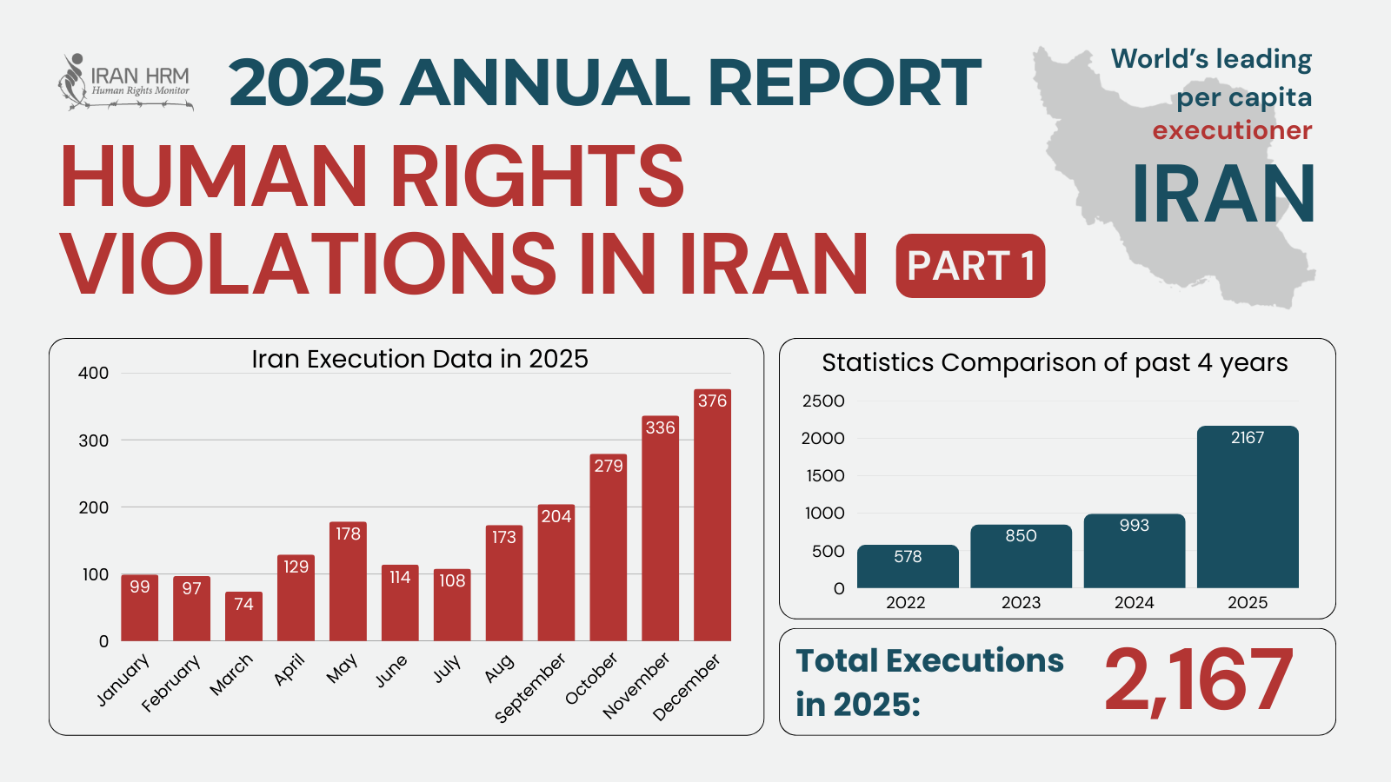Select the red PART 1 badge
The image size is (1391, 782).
tap(970, 266)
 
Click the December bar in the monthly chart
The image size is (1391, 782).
tap(712, 521)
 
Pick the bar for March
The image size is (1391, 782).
tap(243, 619)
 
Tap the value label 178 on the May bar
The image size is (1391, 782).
tap(348, 533)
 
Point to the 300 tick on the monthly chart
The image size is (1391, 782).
tap(94, 441)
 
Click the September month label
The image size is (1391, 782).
tap(530, 687)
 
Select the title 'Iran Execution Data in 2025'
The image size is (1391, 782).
tap(420, 359)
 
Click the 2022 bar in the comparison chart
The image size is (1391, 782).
tap(908, 569)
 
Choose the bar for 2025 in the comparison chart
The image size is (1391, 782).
tap(1248, 513)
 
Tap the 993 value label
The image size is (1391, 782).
tap(1135, 526)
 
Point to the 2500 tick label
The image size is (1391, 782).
tap(823, 401)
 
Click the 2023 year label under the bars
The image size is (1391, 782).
tap(1021, 602)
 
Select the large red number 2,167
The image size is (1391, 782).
tap(1199, 680)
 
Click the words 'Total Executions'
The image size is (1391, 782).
tap(929, 661)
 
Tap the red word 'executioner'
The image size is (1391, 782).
tap(1232, 130)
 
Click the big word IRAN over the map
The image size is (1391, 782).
tap(1223, 195)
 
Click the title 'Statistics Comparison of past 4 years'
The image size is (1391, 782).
tap(1055, 362)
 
